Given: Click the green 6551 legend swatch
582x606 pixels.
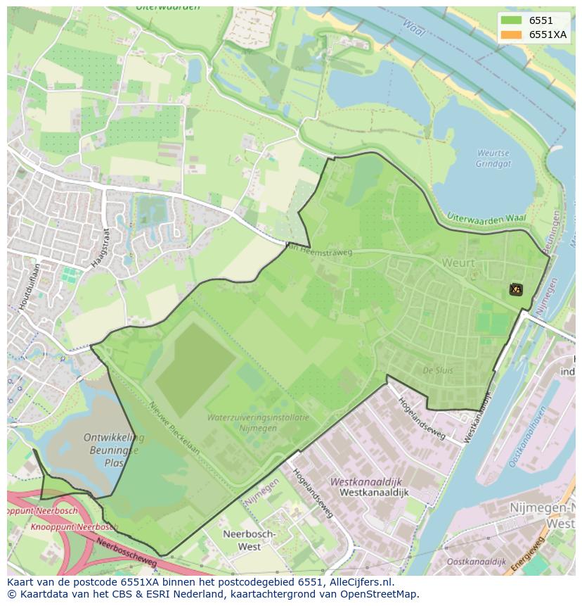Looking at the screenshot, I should click(x=511, y=20).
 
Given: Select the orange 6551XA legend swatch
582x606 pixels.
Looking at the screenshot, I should click(x=511, y=35).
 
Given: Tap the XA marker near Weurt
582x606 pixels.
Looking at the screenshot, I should click(x=515, y=289).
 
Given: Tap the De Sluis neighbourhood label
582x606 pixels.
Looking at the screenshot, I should click(x=437, y=370).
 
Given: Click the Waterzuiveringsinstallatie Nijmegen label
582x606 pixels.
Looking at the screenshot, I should click(x=258, y=422).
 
